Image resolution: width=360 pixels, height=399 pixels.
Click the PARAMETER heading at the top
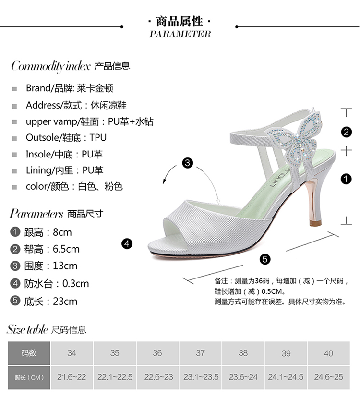[x=180, y=34]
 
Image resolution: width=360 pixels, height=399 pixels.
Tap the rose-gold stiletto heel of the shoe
[x=314, y=202]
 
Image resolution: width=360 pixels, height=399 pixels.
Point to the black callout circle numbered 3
[x=188, y=163]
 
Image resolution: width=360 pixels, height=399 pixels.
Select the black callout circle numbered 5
[x=265, y=259]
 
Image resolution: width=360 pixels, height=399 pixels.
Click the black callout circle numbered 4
[x=127, y=244]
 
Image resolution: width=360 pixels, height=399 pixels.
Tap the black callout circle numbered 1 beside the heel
[x=346, y=179]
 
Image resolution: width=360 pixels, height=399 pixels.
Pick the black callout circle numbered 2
[x=346, y=132]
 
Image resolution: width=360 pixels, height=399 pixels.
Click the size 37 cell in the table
[x=200, y=353]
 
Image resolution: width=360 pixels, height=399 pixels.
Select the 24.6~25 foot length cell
[x=328, y=377]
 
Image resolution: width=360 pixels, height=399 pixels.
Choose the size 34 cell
[x=72, y=353]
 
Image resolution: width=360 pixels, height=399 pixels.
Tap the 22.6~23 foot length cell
[x=158, y=377]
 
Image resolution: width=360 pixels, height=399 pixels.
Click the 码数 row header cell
[x=29, y=353]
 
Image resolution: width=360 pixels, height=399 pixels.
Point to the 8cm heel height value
[x=62, y=232]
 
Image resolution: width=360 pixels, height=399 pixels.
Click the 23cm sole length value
[x=65, y=301]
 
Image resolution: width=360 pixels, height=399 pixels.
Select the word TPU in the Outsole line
[x=98, y=138]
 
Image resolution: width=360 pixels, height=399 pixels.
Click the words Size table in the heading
[x=27, y=329]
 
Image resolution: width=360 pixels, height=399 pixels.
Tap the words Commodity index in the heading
[x=50, y=66]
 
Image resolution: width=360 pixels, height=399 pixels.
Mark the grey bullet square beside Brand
[x=14, y=89]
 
